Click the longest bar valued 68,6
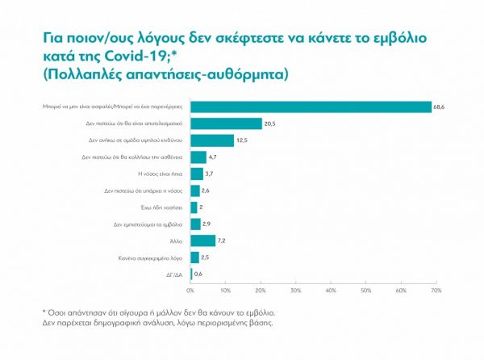[311, 106]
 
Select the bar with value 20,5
[226, 123]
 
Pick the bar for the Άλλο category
[202, 241]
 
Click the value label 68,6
[439, 106]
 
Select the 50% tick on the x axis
[365, 289]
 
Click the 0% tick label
[190, 289]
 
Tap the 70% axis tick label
[436, 289]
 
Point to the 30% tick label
[295, 289]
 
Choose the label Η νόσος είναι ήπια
[165, 174]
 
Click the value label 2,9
[208, 224]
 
